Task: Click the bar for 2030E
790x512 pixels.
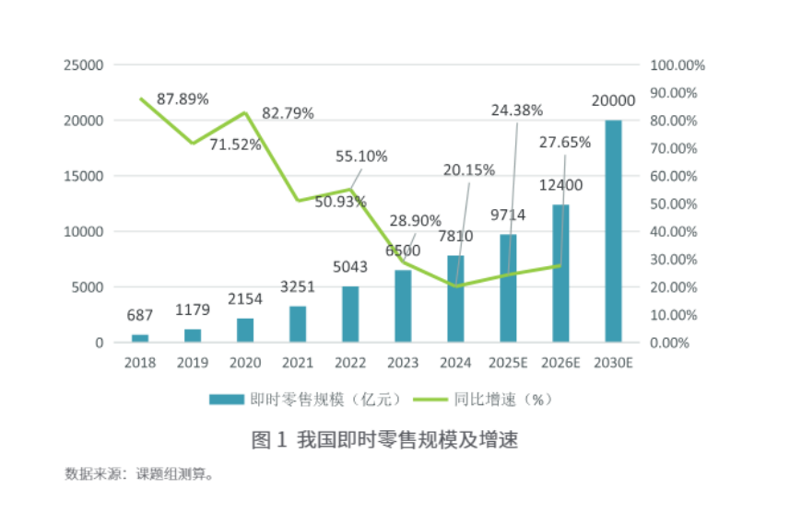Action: (613, 230)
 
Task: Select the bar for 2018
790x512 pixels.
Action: (140, 338)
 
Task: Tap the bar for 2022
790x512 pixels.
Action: (350, 314)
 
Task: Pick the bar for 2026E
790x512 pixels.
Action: (560, 273)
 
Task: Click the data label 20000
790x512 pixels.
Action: (613, 101)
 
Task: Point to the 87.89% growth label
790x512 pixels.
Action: (183, 98)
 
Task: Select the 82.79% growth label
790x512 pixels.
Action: (288, 113)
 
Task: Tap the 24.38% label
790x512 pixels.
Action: (517, 111)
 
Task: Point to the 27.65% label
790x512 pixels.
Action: (564, 142)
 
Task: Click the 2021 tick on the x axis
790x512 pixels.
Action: (298, 362)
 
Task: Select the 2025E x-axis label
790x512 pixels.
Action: (508, 362)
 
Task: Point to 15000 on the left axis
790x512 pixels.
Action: (82, 176)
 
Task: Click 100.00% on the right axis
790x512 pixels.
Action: (678, 65)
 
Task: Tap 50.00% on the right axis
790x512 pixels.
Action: (678, 204)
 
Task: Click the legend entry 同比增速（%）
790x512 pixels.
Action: (501, 400)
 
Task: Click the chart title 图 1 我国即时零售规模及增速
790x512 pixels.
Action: (384, 440)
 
